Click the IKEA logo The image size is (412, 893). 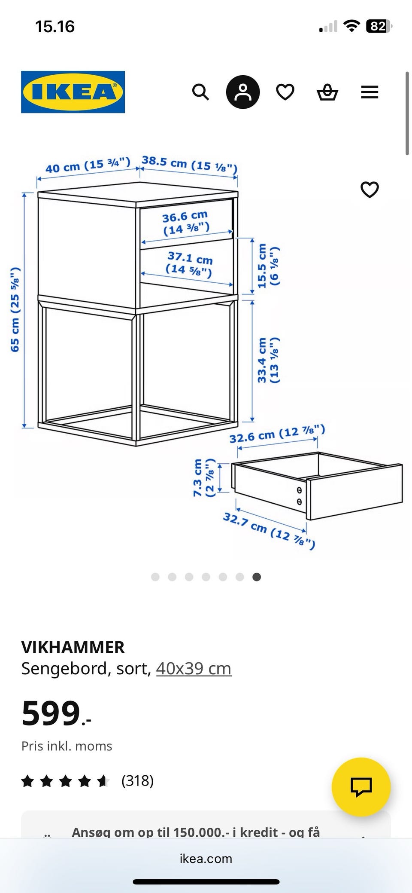click(x=73, y=92)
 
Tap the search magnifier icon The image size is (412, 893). click(x=200, y=92)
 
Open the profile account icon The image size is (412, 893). click(x=243, y=92)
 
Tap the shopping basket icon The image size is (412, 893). click(x=327, y=92)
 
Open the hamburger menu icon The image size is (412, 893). click(x=370, y=92)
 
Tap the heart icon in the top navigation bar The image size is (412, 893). click(x=285, y=92)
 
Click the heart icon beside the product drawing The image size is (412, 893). click(x=370, y=190)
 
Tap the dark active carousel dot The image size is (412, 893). click(x=257, y=577)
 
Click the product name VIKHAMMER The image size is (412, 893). click(x=73, y=647)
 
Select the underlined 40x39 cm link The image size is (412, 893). click(x=194, y=669)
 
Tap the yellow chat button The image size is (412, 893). click(x=361, y=787)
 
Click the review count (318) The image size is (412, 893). click(x=137, y=780)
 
